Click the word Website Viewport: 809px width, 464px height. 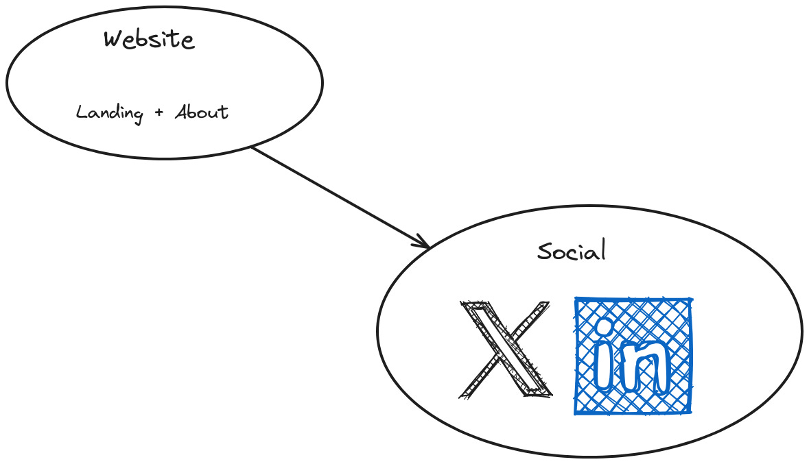click(x=149, y=39)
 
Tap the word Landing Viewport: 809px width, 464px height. click(x=109, y=112)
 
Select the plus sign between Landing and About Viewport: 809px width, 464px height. click(x=159, y=112)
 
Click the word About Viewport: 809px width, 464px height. click(x=201, y=112)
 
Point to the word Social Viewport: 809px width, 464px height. click(x=572, y=251)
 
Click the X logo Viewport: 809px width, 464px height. click(x=506, y=348)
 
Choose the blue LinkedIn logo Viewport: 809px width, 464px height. click(x=633, y=356)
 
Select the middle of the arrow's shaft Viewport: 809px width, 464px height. click(x=340, y=196)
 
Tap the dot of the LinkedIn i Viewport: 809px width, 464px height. click(x=605, y=328)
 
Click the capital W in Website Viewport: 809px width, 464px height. click(x=114, y=39)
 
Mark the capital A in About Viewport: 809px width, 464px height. click(x=182, y=112)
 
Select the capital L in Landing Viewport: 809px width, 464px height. click(x=81, y=112)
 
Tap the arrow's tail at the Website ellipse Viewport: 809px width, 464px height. click(x=253, y=147)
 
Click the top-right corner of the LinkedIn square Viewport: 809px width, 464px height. click(x=690, y=300)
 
